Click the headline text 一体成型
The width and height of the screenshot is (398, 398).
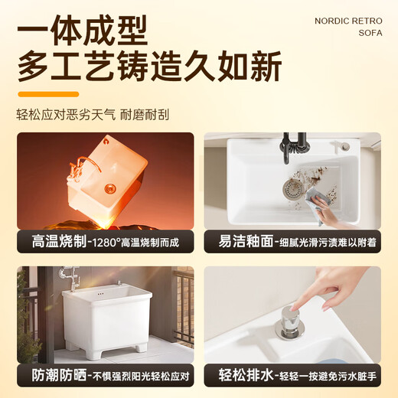(83, 33)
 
